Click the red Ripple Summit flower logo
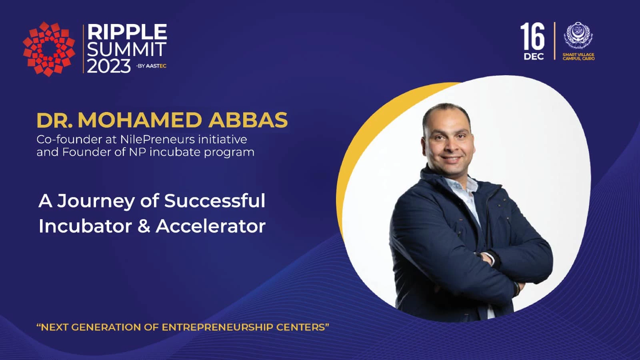click(49, 49)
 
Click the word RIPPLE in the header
click(127, 32)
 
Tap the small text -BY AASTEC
click(151, 66)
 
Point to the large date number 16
click(532, 36)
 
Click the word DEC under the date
click(534, 56)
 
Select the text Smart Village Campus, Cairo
click(578, 56)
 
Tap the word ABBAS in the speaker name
click(248, 120)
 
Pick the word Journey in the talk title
click(96, 201)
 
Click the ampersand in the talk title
click(144, 226)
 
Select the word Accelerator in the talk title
click(210, 226)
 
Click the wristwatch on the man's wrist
click(517, 287)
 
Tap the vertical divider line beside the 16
click(554, 41)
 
